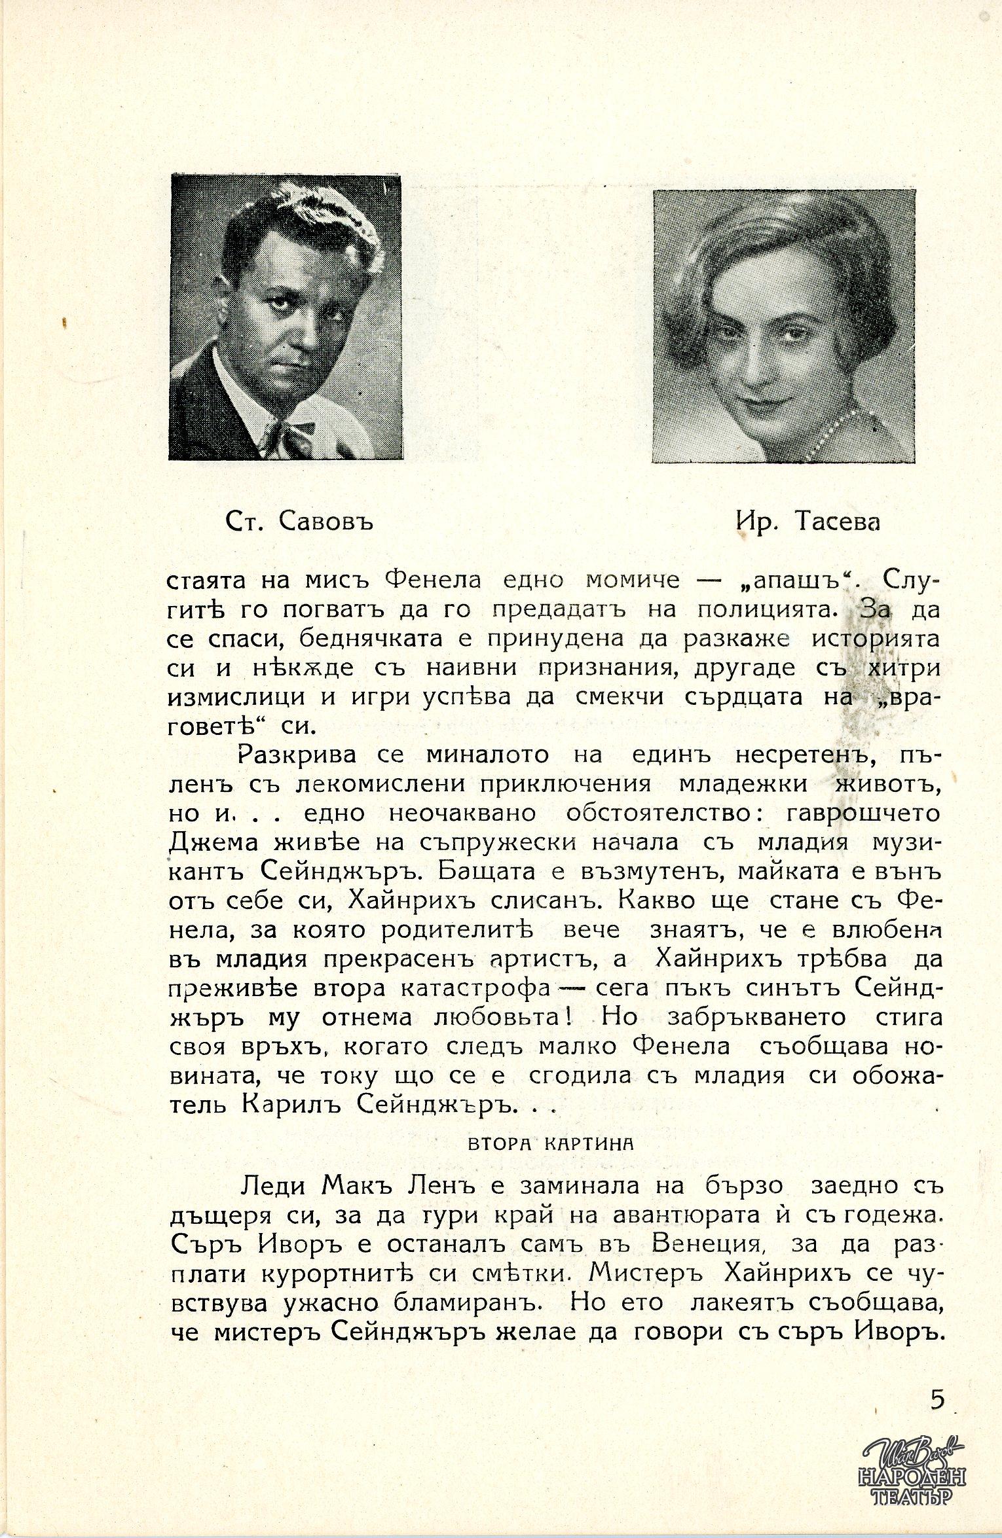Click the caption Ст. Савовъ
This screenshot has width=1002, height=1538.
click(299, 521)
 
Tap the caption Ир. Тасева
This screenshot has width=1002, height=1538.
click(808, 521)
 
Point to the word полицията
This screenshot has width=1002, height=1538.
click(759, 610)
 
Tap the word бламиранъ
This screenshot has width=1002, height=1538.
click(466, 1302)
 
